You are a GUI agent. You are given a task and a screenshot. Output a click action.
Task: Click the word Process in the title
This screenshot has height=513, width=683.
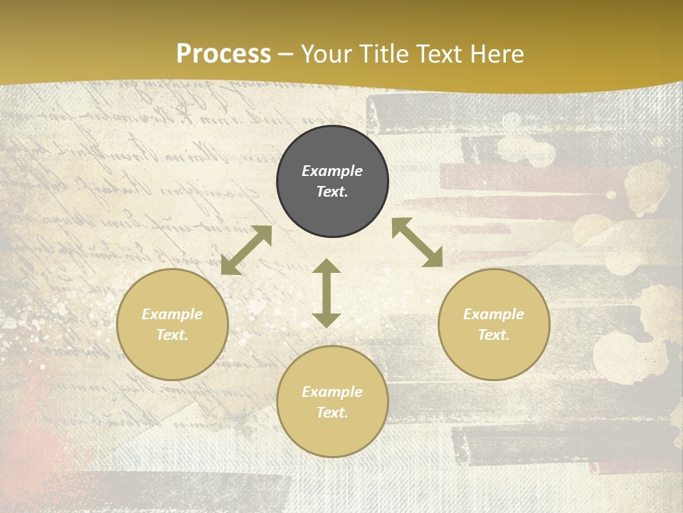[x=223, y=53]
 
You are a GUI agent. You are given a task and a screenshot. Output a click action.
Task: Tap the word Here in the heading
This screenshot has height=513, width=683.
[x=496, y=53]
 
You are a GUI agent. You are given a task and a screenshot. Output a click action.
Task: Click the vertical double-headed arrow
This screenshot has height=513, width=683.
[x=327, y=293]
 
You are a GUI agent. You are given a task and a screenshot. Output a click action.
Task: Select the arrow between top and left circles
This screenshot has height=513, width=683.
[x=246, y=250]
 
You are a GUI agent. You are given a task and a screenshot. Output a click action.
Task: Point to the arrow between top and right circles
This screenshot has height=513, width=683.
[x=417, y=243]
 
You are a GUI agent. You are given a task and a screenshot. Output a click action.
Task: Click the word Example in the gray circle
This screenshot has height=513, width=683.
[x=332, y=171]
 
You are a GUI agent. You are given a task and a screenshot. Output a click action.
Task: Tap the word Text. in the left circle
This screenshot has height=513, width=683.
[x=172, y=335]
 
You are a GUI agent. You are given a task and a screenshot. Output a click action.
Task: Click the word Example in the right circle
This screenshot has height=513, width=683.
[x=494, y=314]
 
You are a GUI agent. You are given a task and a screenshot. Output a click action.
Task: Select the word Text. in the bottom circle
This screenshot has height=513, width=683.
[x=332, y=413]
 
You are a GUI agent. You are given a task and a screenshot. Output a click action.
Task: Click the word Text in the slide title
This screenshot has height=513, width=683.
[x=438, y=53]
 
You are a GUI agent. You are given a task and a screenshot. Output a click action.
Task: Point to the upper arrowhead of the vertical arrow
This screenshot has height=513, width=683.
[x=327, y=266]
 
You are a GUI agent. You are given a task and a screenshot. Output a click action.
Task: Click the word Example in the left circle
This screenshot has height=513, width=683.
[x=172, y=314]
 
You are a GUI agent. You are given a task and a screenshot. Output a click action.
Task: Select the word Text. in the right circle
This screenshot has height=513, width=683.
[x=494, y=335]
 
